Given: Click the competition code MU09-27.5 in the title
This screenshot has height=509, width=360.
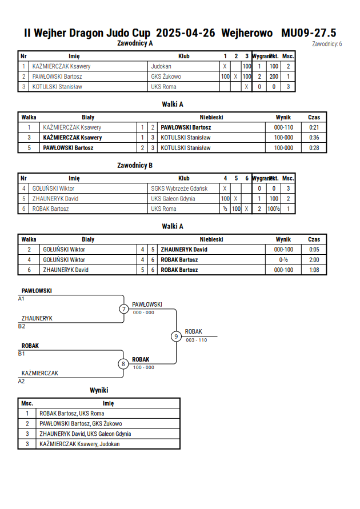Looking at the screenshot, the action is pyautogui.click(x=309, y=33).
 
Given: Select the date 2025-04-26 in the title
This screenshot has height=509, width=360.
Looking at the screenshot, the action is pyautogui.click(x=185, y=33).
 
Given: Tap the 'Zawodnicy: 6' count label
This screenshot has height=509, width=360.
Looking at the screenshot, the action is pyautogui.click(x=327, y=44).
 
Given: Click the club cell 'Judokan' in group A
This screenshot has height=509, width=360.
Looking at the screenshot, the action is pyautogui.click(x=161, y=66).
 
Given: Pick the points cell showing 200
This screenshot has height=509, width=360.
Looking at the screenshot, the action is pyautogui.click(x=274, y=77).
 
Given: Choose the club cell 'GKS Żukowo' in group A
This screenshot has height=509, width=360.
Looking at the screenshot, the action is pyautogui.click(x=166, y=77).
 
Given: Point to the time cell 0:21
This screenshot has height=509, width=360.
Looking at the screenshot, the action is pyautogui.click(x=314, y=127).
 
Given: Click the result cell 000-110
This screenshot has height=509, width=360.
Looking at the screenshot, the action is pyautogui.click(x=283, y=127).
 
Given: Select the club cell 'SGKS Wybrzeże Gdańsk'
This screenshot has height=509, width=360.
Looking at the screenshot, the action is pyautogui.click(x=179, y=189).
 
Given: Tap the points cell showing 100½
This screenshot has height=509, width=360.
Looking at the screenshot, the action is pyautogui.click(x=274, y=209).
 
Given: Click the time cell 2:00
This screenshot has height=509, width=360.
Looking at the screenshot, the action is pyautogui.click(x=314, y=260).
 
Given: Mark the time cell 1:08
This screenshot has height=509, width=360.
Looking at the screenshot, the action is pyautogui.click(x=314, y=270).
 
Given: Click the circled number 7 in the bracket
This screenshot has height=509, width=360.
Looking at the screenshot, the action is pyautogui.click(x=123, y=308).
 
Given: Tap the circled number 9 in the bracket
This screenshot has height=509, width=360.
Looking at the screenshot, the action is pyautogui.click(x=176, y=336).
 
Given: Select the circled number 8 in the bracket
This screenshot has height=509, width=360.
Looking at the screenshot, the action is pyautogui.click(x=123, y=364).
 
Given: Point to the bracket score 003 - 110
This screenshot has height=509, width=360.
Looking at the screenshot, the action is pyautogui.click(x=197, y=340).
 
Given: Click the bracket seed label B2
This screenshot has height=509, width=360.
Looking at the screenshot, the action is pyautogui.click(x=21, y=326).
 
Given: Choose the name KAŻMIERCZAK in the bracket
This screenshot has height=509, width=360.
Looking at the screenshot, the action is pyautogui.click(x=39, y=373).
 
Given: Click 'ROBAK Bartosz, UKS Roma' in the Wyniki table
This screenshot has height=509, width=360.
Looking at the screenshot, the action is pyautogui.click(x=72, y=414).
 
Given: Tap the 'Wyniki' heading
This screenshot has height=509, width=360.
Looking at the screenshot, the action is pyautogui.click(x=99, y=390).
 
